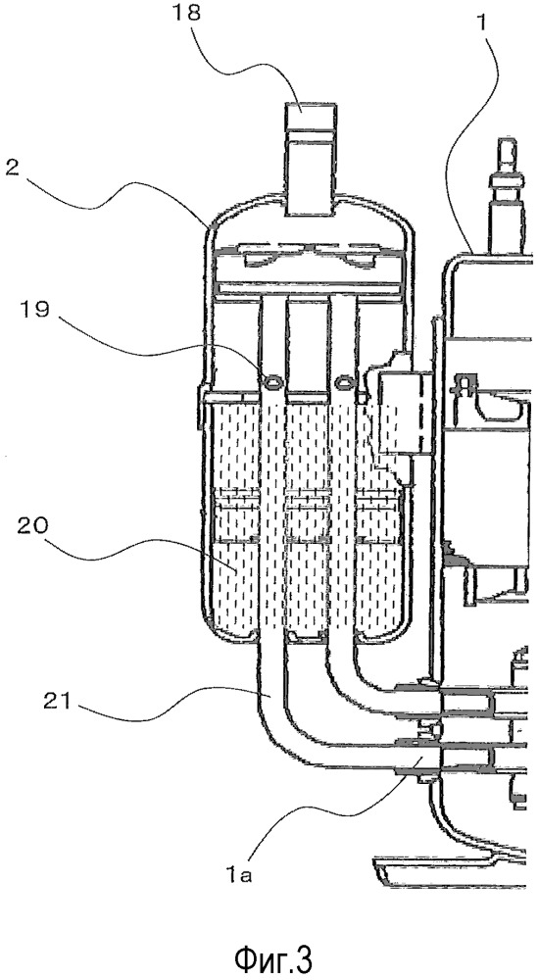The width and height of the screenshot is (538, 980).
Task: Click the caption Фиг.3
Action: [273, 956]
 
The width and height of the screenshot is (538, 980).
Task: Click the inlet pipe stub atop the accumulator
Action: [311, 160]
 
